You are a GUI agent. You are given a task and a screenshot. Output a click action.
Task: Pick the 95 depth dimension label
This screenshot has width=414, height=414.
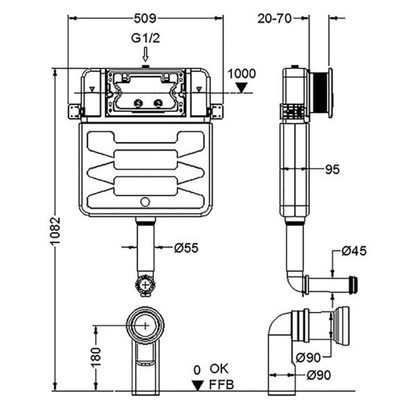tap(331, 168)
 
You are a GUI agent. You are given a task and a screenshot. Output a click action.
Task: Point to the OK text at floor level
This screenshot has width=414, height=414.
tap(219, 369)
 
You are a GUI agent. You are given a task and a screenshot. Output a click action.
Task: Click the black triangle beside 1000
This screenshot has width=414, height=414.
tap(241, 88)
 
